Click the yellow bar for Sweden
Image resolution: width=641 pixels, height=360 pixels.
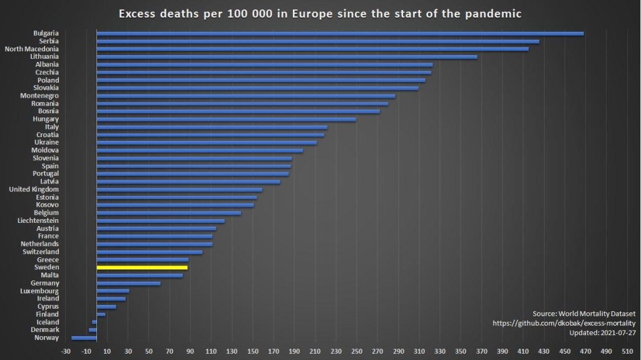(x=142, y=267)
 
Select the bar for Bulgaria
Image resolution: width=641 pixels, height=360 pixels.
(x=340, y=33)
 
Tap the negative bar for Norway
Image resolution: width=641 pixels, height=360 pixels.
(x=84, y=337)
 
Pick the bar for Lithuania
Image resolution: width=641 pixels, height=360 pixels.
(x=287, y=56)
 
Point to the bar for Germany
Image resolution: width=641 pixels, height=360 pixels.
(x=128, y=283)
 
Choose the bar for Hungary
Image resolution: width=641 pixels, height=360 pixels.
(x=226, y=119)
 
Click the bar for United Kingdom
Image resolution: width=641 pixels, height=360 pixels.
(x=179, y=189)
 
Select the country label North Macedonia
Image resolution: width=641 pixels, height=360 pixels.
(x=32, y=49)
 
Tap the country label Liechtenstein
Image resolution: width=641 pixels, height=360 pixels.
(x=39, y=220)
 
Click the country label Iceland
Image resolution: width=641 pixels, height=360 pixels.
(x=48, y=322)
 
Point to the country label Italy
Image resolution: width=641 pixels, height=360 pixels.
(x=52, y=127)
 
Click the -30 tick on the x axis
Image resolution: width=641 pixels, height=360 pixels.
(x=66, y=351)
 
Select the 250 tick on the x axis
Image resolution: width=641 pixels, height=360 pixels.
(x=357, y=351)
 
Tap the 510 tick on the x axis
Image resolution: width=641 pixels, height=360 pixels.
(x=627, y=351)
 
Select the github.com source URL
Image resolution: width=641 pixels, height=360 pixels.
(x=564, y=323)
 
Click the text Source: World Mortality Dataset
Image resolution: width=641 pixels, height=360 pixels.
(x=584, y=313)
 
